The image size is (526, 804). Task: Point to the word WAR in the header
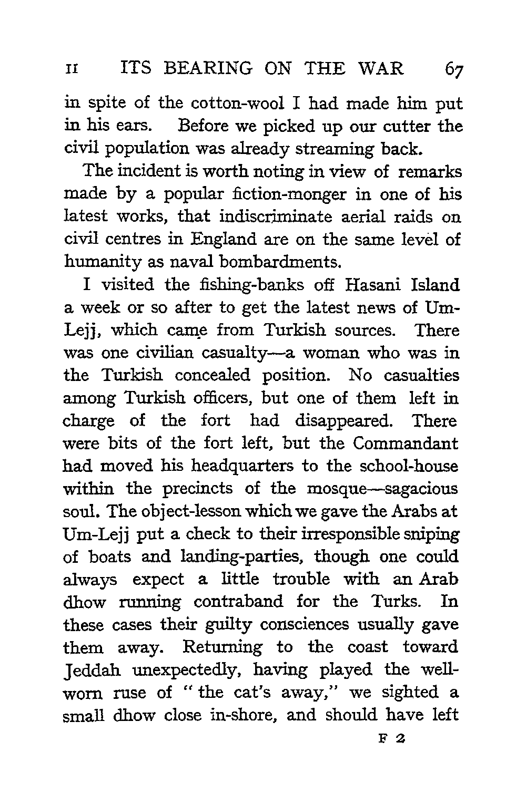[382, 69]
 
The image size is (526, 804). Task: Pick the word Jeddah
[90, 671]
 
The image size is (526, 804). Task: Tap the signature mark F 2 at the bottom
[390, 739]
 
